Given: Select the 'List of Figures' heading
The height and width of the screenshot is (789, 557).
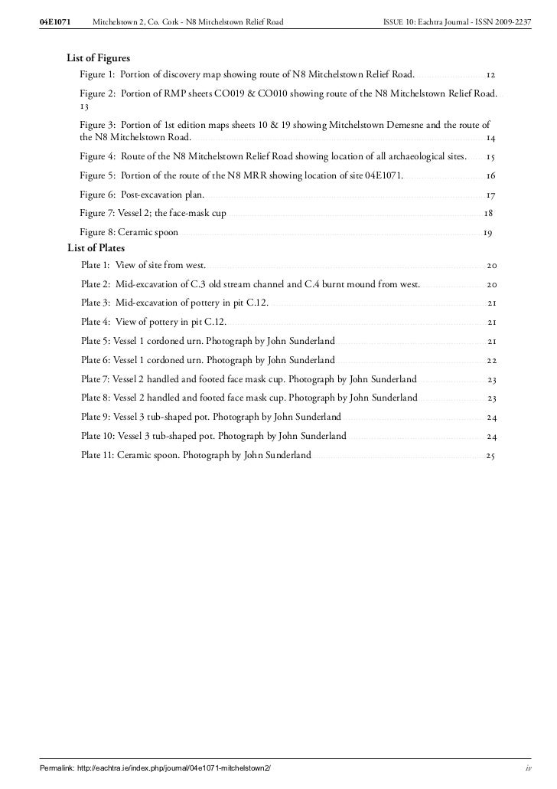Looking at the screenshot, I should pos(98,58).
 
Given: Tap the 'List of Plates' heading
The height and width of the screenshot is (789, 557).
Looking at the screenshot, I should pos(96,248).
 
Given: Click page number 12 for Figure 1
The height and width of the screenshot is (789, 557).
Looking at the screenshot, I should pos(491,75).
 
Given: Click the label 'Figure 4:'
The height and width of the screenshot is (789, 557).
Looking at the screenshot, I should pos(97,156).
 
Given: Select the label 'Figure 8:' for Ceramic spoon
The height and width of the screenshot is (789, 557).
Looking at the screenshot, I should pos(97,233).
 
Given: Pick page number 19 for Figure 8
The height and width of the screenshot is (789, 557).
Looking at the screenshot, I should pos(487,233).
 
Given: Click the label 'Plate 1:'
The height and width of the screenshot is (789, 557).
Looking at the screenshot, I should pos(96,266).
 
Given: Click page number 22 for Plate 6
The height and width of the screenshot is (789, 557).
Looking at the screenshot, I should pos(492,361).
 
